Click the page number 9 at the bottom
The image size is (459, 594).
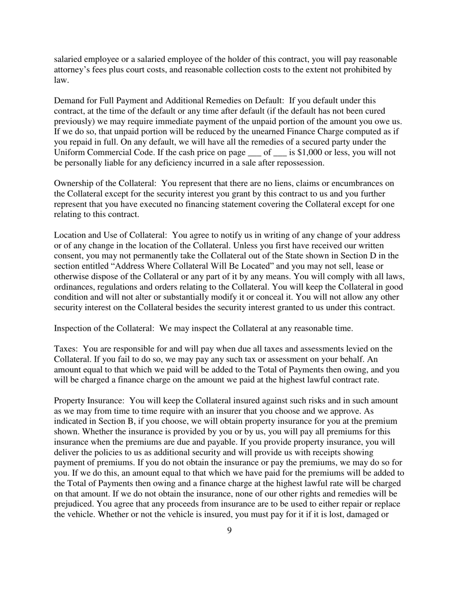pyautogui.click(x=229, y=531)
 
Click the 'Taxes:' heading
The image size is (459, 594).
pyautogui.click(x=67, y=349)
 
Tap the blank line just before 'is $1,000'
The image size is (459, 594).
pyautogui.click(x=280, y=153)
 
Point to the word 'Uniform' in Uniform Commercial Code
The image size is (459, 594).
pyautogui.click(x=69, y=153)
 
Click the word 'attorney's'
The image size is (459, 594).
pyautogui.click(x=74, y=70)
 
